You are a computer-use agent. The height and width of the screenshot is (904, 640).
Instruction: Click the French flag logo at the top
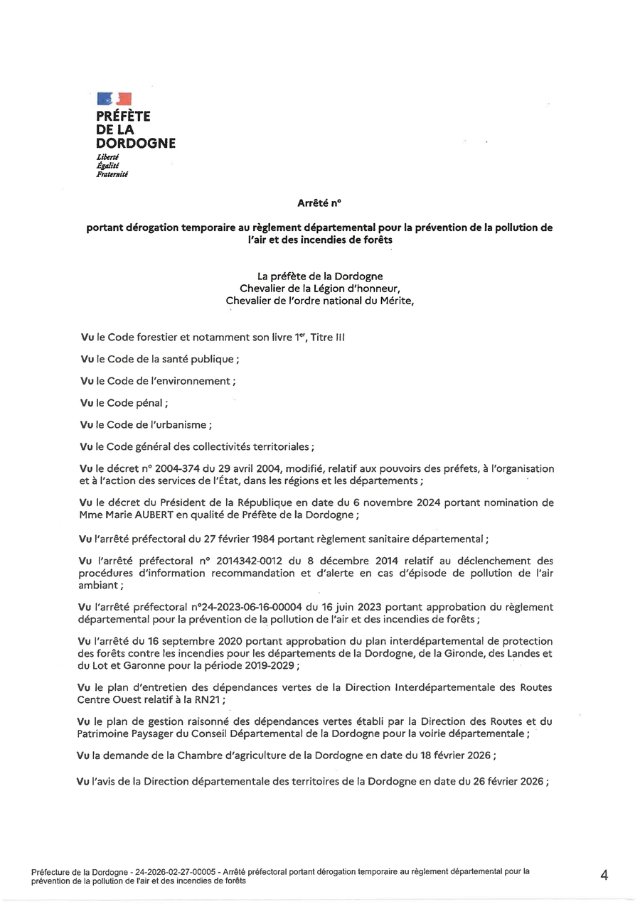[x=114, y=99]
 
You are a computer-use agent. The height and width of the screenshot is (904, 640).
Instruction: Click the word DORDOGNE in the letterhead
[x=136, y=143]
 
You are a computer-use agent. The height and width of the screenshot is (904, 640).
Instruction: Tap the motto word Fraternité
[x=112, y=173]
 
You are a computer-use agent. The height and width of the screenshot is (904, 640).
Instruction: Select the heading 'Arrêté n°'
[x=319, y=203]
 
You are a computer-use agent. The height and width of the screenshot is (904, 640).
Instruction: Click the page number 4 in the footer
[x=604, y=876]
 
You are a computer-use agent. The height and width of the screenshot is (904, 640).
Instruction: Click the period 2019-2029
[x=268, y=665]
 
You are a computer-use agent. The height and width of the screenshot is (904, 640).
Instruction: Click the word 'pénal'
[x=149, y=403]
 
